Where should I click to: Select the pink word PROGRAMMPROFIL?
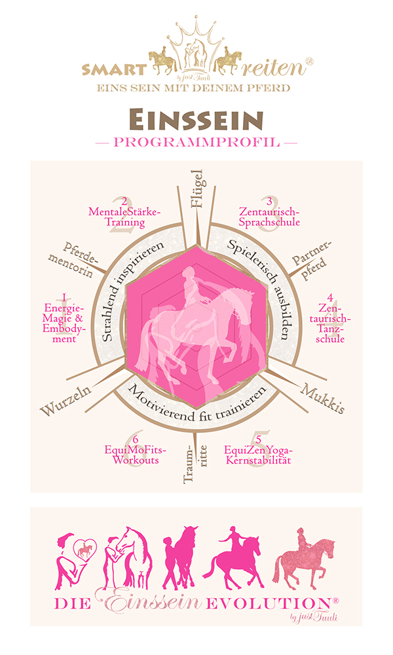[196, 142]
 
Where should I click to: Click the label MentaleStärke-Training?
[124, 217]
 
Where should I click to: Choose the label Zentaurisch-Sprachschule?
[269, 216]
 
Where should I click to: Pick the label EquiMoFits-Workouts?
[136, 455]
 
